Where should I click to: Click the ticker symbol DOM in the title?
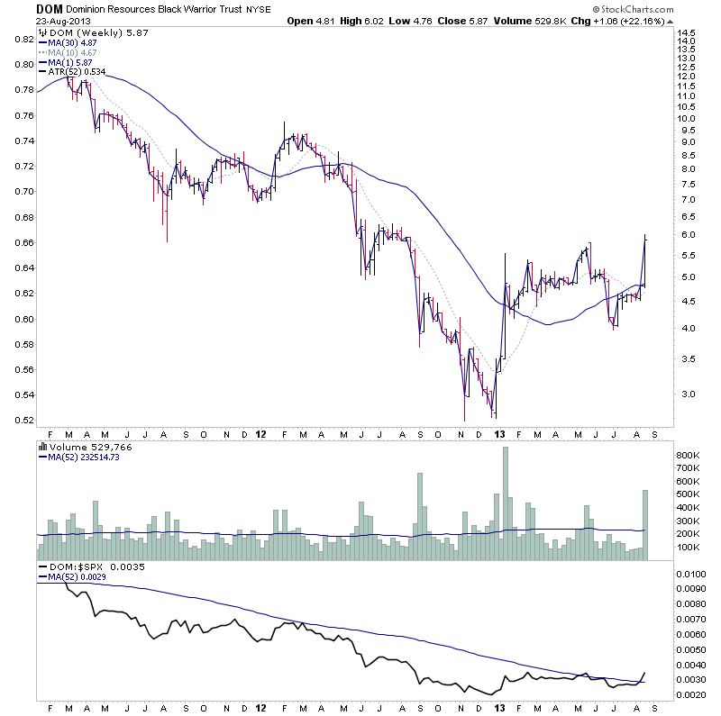coord(49,9)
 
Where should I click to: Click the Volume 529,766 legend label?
coord(83,445)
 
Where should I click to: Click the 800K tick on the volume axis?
coord(690,456)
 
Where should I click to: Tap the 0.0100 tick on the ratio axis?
coord(692,574)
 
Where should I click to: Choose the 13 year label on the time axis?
coord(500,434)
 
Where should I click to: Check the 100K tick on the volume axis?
coord(690,547)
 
